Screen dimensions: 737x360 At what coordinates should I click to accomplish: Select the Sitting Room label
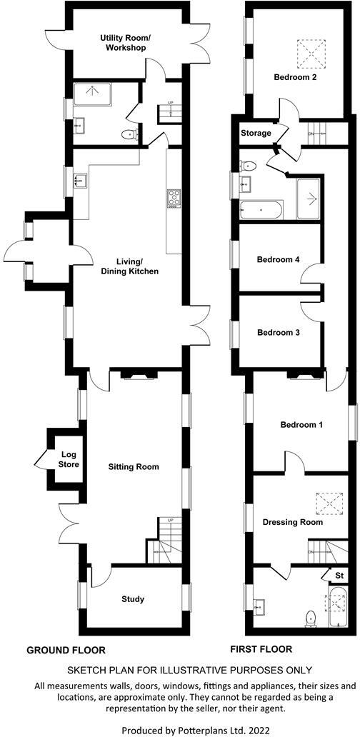(x=133, y=467)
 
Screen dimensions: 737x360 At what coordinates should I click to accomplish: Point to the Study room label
(x=134, y=599)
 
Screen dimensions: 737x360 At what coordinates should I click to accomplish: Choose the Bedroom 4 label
(x=278, y=260)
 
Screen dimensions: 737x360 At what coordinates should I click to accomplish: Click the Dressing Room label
(x=292, y=522)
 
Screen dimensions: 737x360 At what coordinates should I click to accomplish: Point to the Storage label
(x=256, y=134)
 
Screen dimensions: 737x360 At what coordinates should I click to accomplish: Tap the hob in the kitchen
(x=174, y=199)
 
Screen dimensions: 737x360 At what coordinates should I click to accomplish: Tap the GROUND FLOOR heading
(x=66, y=651)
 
